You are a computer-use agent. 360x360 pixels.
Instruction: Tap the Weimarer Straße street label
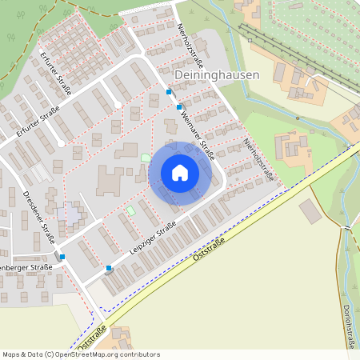tap(197, 131)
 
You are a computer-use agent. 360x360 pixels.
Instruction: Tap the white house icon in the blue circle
tap(180, 173)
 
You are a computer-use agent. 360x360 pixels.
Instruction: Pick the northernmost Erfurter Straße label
tap(56, 70)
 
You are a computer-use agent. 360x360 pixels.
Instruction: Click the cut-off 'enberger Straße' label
tap(26, 267)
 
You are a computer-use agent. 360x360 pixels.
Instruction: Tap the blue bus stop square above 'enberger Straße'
tap(62, 256)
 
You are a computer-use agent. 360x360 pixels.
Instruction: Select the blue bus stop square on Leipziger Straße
tap(109, 268)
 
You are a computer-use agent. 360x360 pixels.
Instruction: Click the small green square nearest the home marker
tap(145, 158)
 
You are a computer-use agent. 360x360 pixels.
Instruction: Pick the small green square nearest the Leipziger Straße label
tap(130, 210)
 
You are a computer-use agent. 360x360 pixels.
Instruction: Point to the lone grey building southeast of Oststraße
tap(310, 211)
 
